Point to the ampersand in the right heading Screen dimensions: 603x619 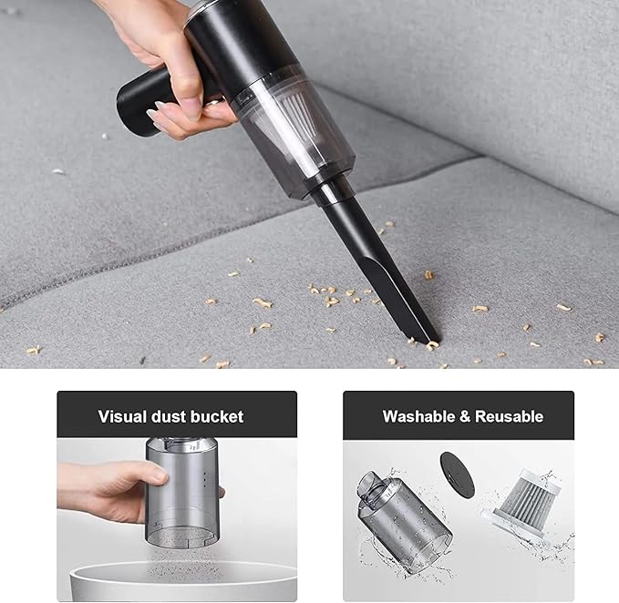[465, 416]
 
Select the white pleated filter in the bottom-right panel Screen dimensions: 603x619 [516, 501]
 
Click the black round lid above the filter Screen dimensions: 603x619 [457, 473]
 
